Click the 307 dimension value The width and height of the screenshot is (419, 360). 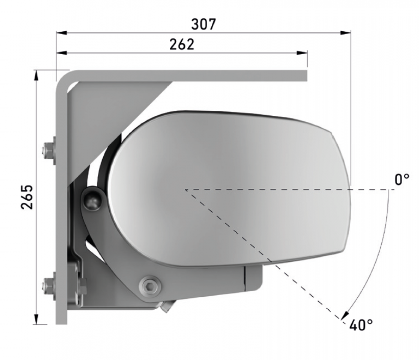(203, 24)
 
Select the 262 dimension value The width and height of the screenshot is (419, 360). (182, 44)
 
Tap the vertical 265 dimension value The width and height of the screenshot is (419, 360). (27, 197)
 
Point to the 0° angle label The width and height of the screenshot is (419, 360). (402, 179)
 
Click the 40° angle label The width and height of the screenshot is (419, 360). (361, 325)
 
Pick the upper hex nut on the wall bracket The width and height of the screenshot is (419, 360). (48, 151)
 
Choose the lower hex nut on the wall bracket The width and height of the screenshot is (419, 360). (48, 285)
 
